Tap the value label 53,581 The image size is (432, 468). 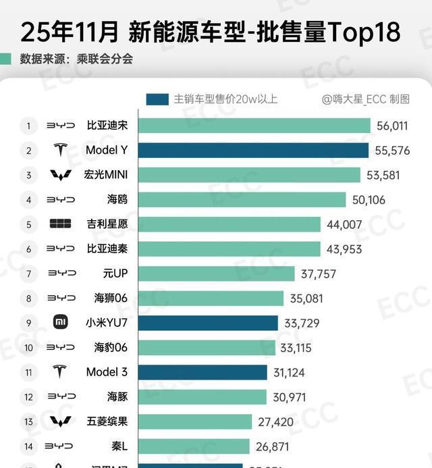[382, 175]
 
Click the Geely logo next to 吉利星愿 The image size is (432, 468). [60, 224]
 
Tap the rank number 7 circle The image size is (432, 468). [28, 274]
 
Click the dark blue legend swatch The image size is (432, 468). [157, 99]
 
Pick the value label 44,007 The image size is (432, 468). [344, 224]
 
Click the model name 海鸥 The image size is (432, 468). [117, 199]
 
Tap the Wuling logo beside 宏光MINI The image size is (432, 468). [60, 175]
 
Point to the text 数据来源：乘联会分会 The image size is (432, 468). [76, 59]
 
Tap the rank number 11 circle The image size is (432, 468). [28, 371]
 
